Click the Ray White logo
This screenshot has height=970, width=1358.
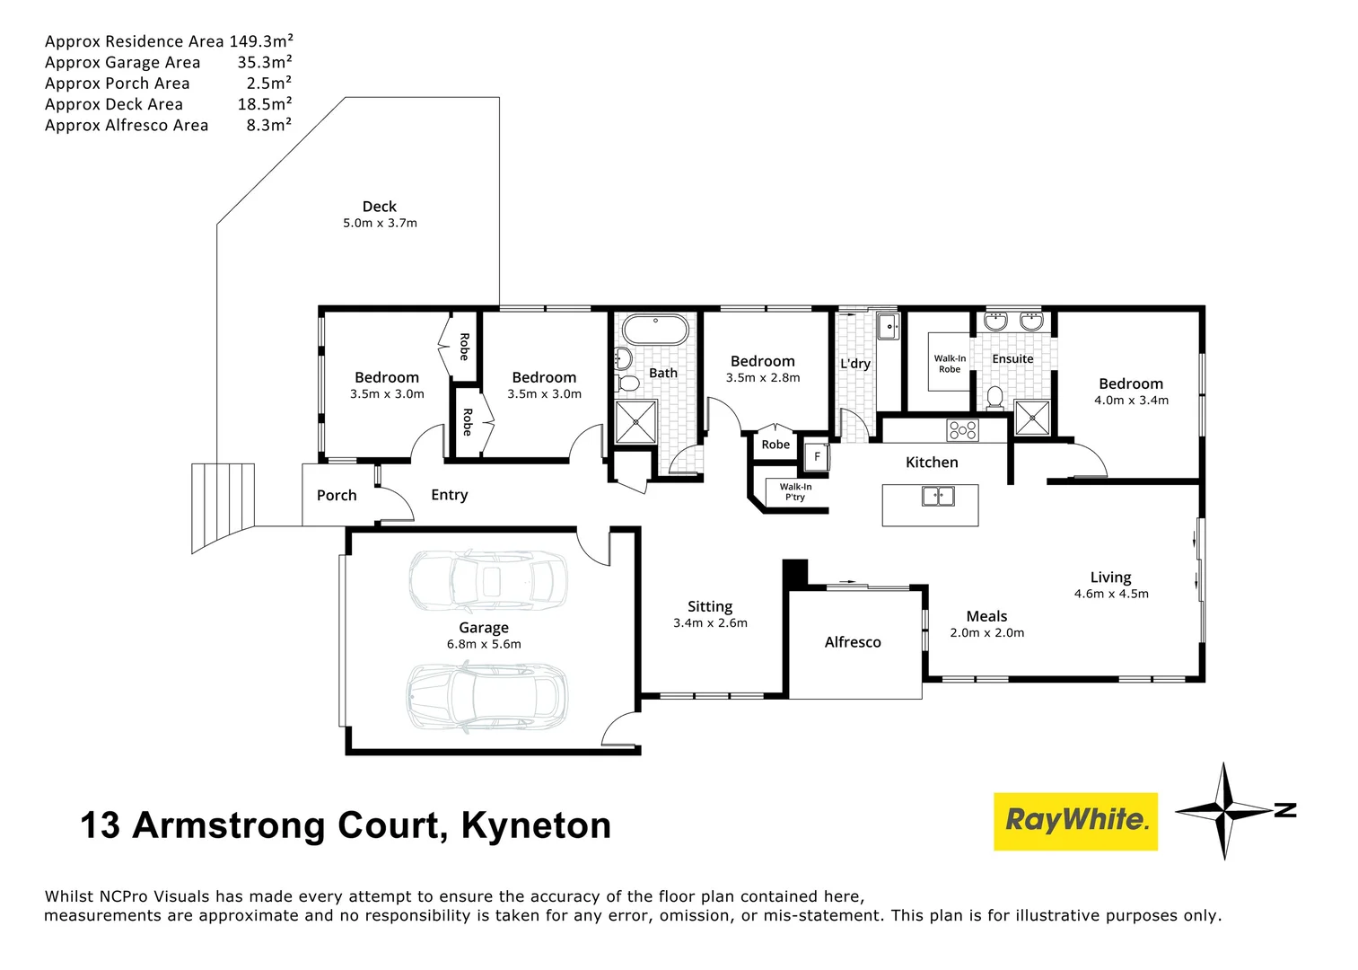[1075, 821]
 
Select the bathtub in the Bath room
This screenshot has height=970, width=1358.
[655, 330]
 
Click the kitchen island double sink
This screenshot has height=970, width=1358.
[938, 495]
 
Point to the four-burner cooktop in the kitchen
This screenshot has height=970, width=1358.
[962, 430]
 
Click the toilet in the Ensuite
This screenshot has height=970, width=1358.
[994, 397]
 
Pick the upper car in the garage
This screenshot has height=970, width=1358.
[488, 580]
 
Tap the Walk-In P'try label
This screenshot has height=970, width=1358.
[795, 492]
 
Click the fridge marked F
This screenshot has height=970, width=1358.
[817, 456]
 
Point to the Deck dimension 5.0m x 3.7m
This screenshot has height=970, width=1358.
[380, 223]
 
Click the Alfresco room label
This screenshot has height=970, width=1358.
[853, 642]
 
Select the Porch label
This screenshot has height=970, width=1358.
[337, 495]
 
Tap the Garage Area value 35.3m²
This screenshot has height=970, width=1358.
[265, 62]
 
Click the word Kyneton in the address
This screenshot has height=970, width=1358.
[536, 825]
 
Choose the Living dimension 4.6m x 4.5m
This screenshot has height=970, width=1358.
[1111, 594]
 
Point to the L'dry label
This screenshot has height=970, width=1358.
[855, 364]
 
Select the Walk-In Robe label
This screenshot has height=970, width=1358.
[950, 364]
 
